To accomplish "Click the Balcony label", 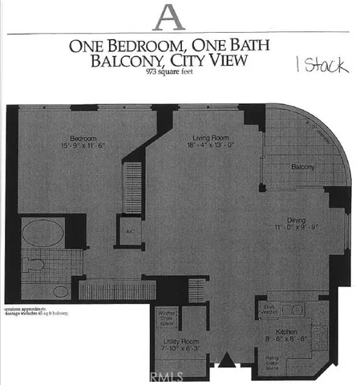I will point(302,167).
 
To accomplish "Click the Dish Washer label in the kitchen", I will point(270,308).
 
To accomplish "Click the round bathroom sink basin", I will point(57,262).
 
